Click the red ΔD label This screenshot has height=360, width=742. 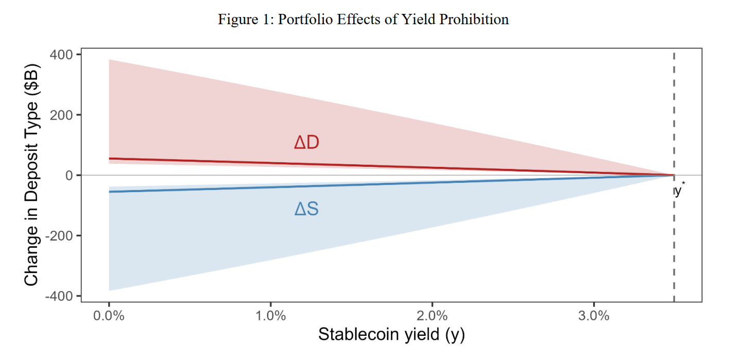point(306,143)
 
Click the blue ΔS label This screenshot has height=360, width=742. point(306,209)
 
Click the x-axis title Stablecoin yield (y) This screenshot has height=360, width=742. point(391,335)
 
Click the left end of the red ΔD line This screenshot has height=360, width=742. point(110,159)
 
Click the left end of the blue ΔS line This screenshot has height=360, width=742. point(110,192)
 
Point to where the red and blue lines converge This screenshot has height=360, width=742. point(673,175)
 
